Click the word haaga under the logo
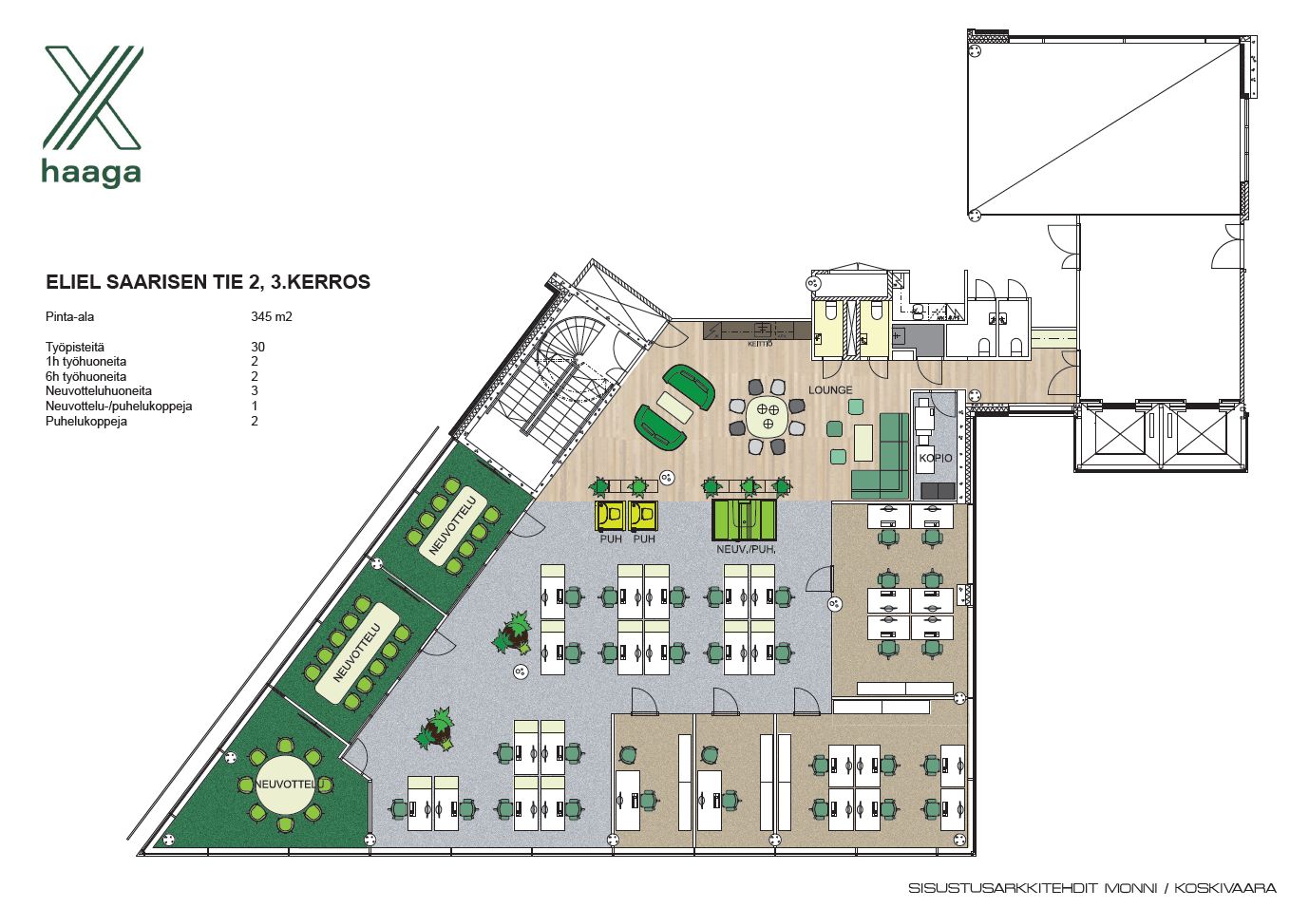[91, 173]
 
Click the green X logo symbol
[93, 98]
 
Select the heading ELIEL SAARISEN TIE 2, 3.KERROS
[208, 282]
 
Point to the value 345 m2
[272, 316]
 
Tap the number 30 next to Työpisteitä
[257, 347]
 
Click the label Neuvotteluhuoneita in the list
[99, 391]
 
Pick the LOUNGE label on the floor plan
[830, 389]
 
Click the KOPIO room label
[936, 459]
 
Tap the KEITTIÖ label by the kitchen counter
[760, 345]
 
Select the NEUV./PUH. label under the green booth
[746, 550]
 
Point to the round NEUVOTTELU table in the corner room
[285, 785]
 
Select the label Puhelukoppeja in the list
[86, 422]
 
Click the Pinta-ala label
[69, 316]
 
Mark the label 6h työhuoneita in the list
[85, 376]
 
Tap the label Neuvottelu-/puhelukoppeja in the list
[119, 407]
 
